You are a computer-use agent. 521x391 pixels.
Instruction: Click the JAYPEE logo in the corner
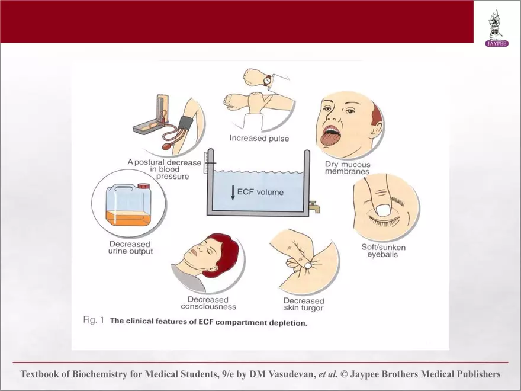click(x=497, y=28)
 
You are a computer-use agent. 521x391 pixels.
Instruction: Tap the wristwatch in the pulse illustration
click(x=268, y=80)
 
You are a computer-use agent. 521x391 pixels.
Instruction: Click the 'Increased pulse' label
click(x=259, y=138)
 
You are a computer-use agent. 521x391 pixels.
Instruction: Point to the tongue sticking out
click(x=330, y=138)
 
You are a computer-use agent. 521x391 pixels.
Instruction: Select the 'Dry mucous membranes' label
click(x=347, y=168)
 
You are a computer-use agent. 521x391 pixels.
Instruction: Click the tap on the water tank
click(x=314, y=206)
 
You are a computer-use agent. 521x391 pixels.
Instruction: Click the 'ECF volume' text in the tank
click(x=260, y=192)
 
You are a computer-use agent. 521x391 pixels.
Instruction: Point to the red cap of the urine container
click(x=143, y=186)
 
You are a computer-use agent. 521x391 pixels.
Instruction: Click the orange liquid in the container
click(x=128, y=218)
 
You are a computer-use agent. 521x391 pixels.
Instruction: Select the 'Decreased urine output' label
click(x=130, y=248)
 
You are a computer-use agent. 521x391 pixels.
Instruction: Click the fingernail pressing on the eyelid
click(x=384, y=210)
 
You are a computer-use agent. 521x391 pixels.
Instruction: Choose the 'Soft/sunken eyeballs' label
click(x=383, y=251)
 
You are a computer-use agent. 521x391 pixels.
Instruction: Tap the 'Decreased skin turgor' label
click(x=303, y=305)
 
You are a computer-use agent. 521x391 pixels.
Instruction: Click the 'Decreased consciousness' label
click(x=208, y=303)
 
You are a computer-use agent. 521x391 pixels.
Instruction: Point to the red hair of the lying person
click(x=226, y=253)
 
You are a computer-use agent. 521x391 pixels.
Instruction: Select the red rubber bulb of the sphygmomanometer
click(x=169, y=146)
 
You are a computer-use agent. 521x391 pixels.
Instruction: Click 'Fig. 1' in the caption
click(x=94, y=320)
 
